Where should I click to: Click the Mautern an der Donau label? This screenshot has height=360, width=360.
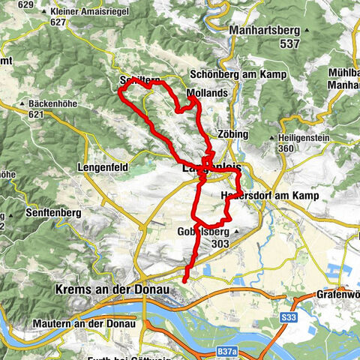point(84,324)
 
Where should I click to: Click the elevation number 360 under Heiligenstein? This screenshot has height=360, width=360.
point(285,148)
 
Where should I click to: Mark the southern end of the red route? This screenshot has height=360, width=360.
point(184,281)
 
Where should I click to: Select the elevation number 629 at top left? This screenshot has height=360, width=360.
point(25,5)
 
